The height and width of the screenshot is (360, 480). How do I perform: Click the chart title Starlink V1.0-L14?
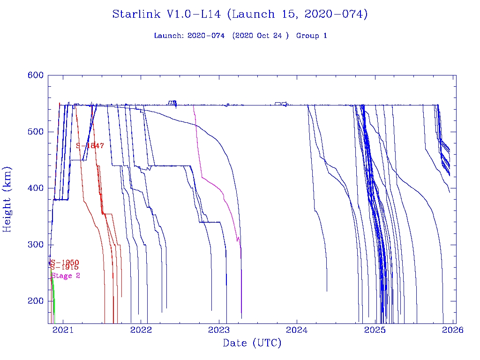point(240,15)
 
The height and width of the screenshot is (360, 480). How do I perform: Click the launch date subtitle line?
point(240,36)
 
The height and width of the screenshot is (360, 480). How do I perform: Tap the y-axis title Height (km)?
point(7,199)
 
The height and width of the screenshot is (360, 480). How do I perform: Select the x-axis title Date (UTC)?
point(252,344)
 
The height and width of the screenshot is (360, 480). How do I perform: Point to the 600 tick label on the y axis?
point(36,75)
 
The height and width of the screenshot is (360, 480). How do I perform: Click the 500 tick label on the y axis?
point(36,132)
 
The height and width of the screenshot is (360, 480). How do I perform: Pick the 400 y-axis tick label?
point(36,188)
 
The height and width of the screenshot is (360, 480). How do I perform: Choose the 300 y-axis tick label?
point(36,245)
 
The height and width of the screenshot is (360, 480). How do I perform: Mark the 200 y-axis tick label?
point(36,301)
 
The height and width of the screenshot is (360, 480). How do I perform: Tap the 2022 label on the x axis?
point(141,330)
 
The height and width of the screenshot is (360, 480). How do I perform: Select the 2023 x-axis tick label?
point(219,330)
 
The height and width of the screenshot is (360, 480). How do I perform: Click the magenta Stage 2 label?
point(66,276)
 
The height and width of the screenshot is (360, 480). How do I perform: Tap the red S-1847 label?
point(90,146)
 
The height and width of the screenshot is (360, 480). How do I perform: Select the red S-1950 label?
point(65,262)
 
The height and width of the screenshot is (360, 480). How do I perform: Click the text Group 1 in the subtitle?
point(311,36)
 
